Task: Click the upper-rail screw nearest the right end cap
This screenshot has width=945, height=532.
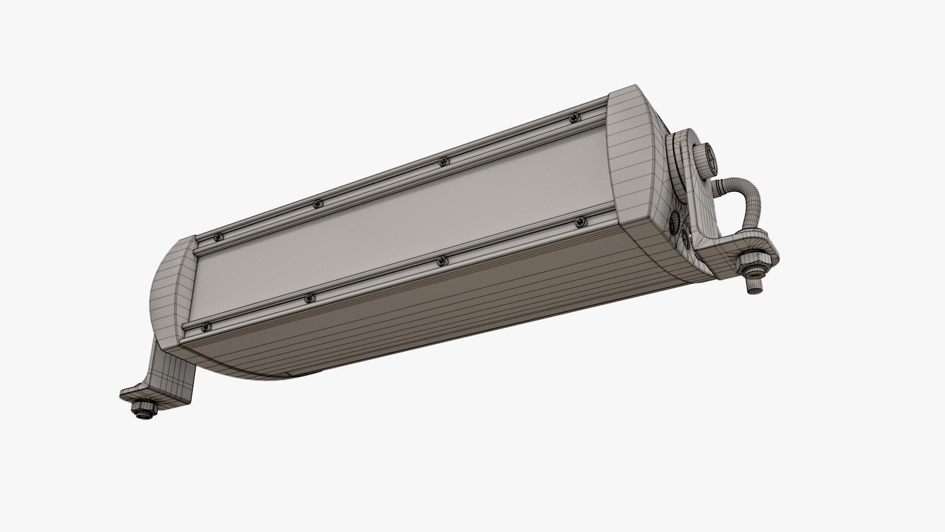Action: click(x=573, y=118)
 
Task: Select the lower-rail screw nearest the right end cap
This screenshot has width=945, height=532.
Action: click(x=579, y=223)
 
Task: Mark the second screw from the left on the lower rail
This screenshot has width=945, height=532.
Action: click(x=310, y=298)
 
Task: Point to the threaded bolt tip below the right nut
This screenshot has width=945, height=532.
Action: click(x=753, y=288)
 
